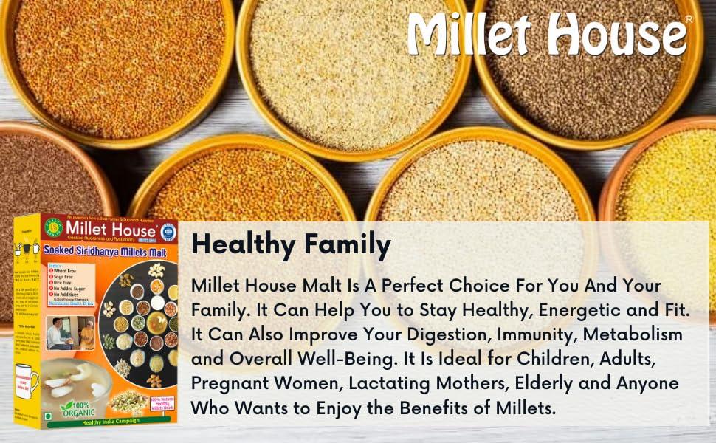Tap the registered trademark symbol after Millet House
click(x=689, y=19)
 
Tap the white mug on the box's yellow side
click(x=27, y=380)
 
